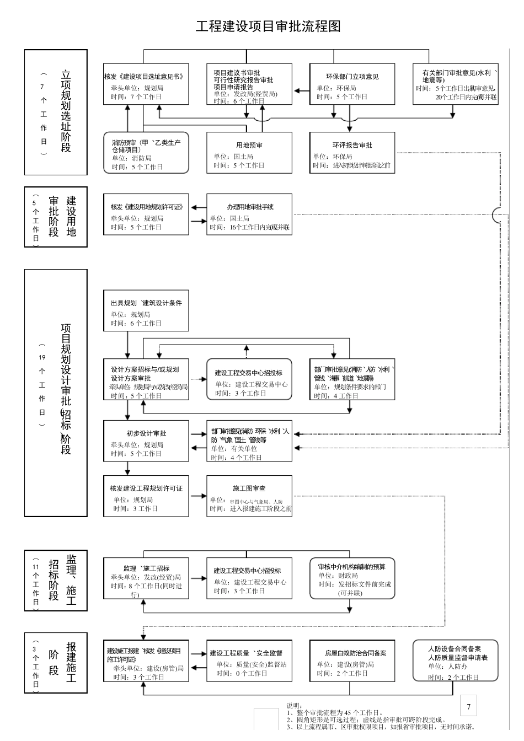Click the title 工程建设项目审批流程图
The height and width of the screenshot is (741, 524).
click(268, 26)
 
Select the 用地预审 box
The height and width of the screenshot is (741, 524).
click(249, 153)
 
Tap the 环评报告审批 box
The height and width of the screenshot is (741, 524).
click(352, 153)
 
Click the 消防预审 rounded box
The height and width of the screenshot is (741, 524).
click(146, 153)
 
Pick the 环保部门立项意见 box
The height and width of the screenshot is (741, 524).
click(352, 84)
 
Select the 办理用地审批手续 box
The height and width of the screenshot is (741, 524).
click(249, 214)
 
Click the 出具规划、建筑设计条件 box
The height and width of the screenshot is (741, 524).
click(146, 310)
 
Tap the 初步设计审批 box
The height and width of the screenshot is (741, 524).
click(146, 441)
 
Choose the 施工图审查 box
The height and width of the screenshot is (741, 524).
click(249, 496)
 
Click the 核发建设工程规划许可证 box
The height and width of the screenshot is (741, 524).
click(146, 496)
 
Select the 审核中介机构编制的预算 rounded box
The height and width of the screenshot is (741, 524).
click(352, 579)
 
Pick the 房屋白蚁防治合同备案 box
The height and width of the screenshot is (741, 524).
click(352, 661)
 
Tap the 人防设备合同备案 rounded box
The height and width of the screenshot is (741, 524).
click(455, 661)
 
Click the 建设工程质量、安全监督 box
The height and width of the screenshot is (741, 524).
click(249, 661)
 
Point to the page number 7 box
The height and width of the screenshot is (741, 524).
click(468, 706)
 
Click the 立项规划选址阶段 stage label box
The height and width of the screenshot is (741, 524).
click(56, 112)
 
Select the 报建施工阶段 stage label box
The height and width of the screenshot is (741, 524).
click(56, 662)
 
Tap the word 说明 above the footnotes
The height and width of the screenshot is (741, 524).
click(295, 706)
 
